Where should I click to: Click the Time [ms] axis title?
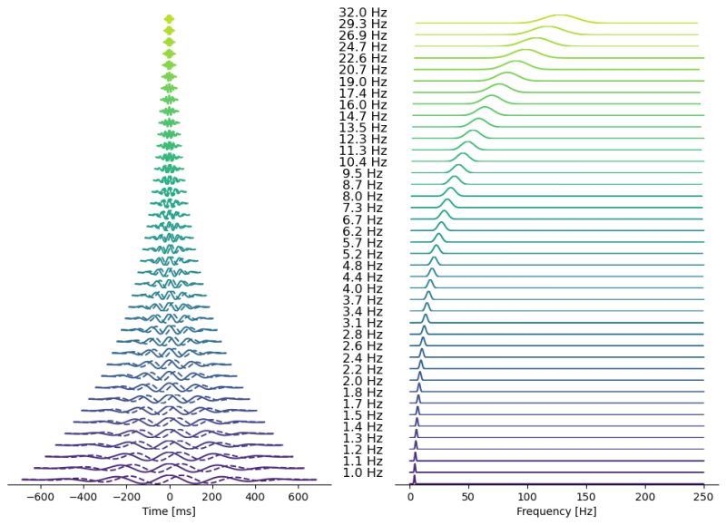[170, 512]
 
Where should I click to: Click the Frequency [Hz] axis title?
[556, 512]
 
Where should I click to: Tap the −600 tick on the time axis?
[41, 497]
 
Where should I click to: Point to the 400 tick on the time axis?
[255, 497]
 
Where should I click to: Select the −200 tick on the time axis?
[126, 497]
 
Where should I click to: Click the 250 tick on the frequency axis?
[703, 497]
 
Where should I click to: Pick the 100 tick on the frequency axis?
[528, 497]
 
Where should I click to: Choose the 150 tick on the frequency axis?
[586, 497]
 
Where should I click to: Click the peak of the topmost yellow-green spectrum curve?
[560, 15]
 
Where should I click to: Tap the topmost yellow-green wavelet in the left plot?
[169, 19]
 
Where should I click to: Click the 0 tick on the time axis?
[170, 497]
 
